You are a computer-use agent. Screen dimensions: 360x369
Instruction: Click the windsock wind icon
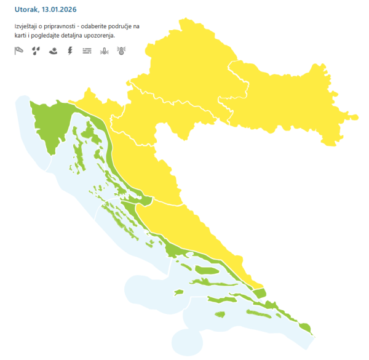pos(18,52)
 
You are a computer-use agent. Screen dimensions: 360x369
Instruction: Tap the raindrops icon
pos(36,52)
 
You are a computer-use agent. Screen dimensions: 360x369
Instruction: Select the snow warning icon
pos(53,52)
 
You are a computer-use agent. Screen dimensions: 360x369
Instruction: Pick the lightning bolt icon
pos(69,52)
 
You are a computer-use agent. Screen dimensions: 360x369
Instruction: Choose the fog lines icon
pos(87,52)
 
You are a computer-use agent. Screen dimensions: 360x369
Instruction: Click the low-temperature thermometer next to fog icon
pos(104,52)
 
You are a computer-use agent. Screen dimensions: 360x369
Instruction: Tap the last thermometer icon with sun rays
pos(121,52)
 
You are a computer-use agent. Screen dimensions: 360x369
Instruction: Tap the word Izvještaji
pos(28,27)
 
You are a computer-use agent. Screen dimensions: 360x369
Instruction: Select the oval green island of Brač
pos(206,270)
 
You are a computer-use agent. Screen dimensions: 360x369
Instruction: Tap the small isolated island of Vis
pos(178,292)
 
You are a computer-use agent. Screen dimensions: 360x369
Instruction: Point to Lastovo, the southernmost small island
pos(220,314)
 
